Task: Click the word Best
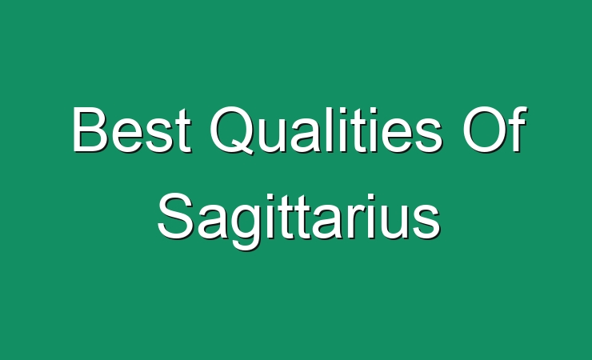click(132, 130)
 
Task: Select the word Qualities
click(326, 130)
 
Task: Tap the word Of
click(494, 129)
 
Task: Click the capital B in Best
click(90, 129)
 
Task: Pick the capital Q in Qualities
click(231, 130)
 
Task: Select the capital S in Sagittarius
click(176, 216)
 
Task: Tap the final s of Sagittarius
click(426, 222)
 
